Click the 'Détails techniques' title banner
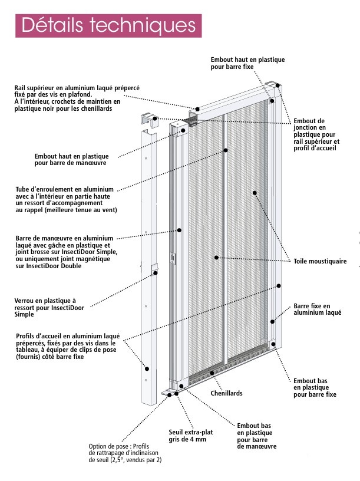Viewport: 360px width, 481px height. pos(108,26)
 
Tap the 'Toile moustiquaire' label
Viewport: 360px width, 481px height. pos(320,261)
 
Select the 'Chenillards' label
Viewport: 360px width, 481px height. pos(226,393)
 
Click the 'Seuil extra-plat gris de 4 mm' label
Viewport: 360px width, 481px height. pos(190,436)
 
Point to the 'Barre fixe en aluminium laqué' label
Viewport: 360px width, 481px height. pos(317,309)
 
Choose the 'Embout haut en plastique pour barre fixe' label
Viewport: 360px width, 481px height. pos(247,63)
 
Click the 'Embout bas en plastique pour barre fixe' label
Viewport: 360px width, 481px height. pos(315,388)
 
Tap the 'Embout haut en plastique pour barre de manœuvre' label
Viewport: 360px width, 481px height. pos(71,160)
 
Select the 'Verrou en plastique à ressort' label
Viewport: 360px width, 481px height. pos(49,307)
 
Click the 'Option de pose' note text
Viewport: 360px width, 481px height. pos(125,453)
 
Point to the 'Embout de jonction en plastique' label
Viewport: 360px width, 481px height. pos(316,134)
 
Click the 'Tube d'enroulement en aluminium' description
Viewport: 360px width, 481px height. pos(66,199)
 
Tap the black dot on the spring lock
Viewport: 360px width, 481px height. pos(156,273)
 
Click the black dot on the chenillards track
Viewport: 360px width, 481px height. pos(212,373)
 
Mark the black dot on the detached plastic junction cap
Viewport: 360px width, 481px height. pos(155,118)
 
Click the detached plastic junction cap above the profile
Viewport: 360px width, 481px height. pos(150,120)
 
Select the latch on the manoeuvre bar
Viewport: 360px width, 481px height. pos(173,259)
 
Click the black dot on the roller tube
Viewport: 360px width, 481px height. pos(226,150)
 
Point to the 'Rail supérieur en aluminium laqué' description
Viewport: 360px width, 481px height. pos(77,98)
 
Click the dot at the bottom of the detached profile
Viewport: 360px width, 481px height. pos(147,369)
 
